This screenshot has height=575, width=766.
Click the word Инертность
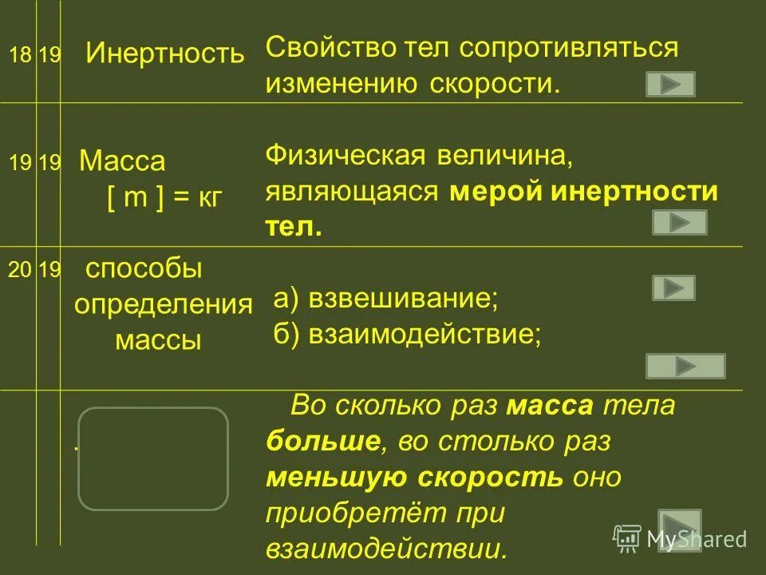tap(165, 54)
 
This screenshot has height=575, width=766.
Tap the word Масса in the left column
tap(123, 162)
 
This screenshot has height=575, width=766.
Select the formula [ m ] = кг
tap(164, 197)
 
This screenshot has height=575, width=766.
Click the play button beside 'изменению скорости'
tap(670, 84)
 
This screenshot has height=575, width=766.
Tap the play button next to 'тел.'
tap(680, 222)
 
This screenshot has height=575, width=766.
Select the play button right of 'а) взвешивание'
tap(673, 287)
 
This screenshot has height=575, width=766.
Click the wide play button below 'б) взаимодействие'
tap(685, 366)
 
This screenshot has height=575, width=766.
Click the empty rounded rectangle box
tap(153, 458)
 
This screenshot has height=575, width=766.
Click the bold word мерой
tap(487, 192)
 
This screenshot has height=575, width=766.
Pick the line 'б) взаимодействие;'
tap(408, 333)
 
